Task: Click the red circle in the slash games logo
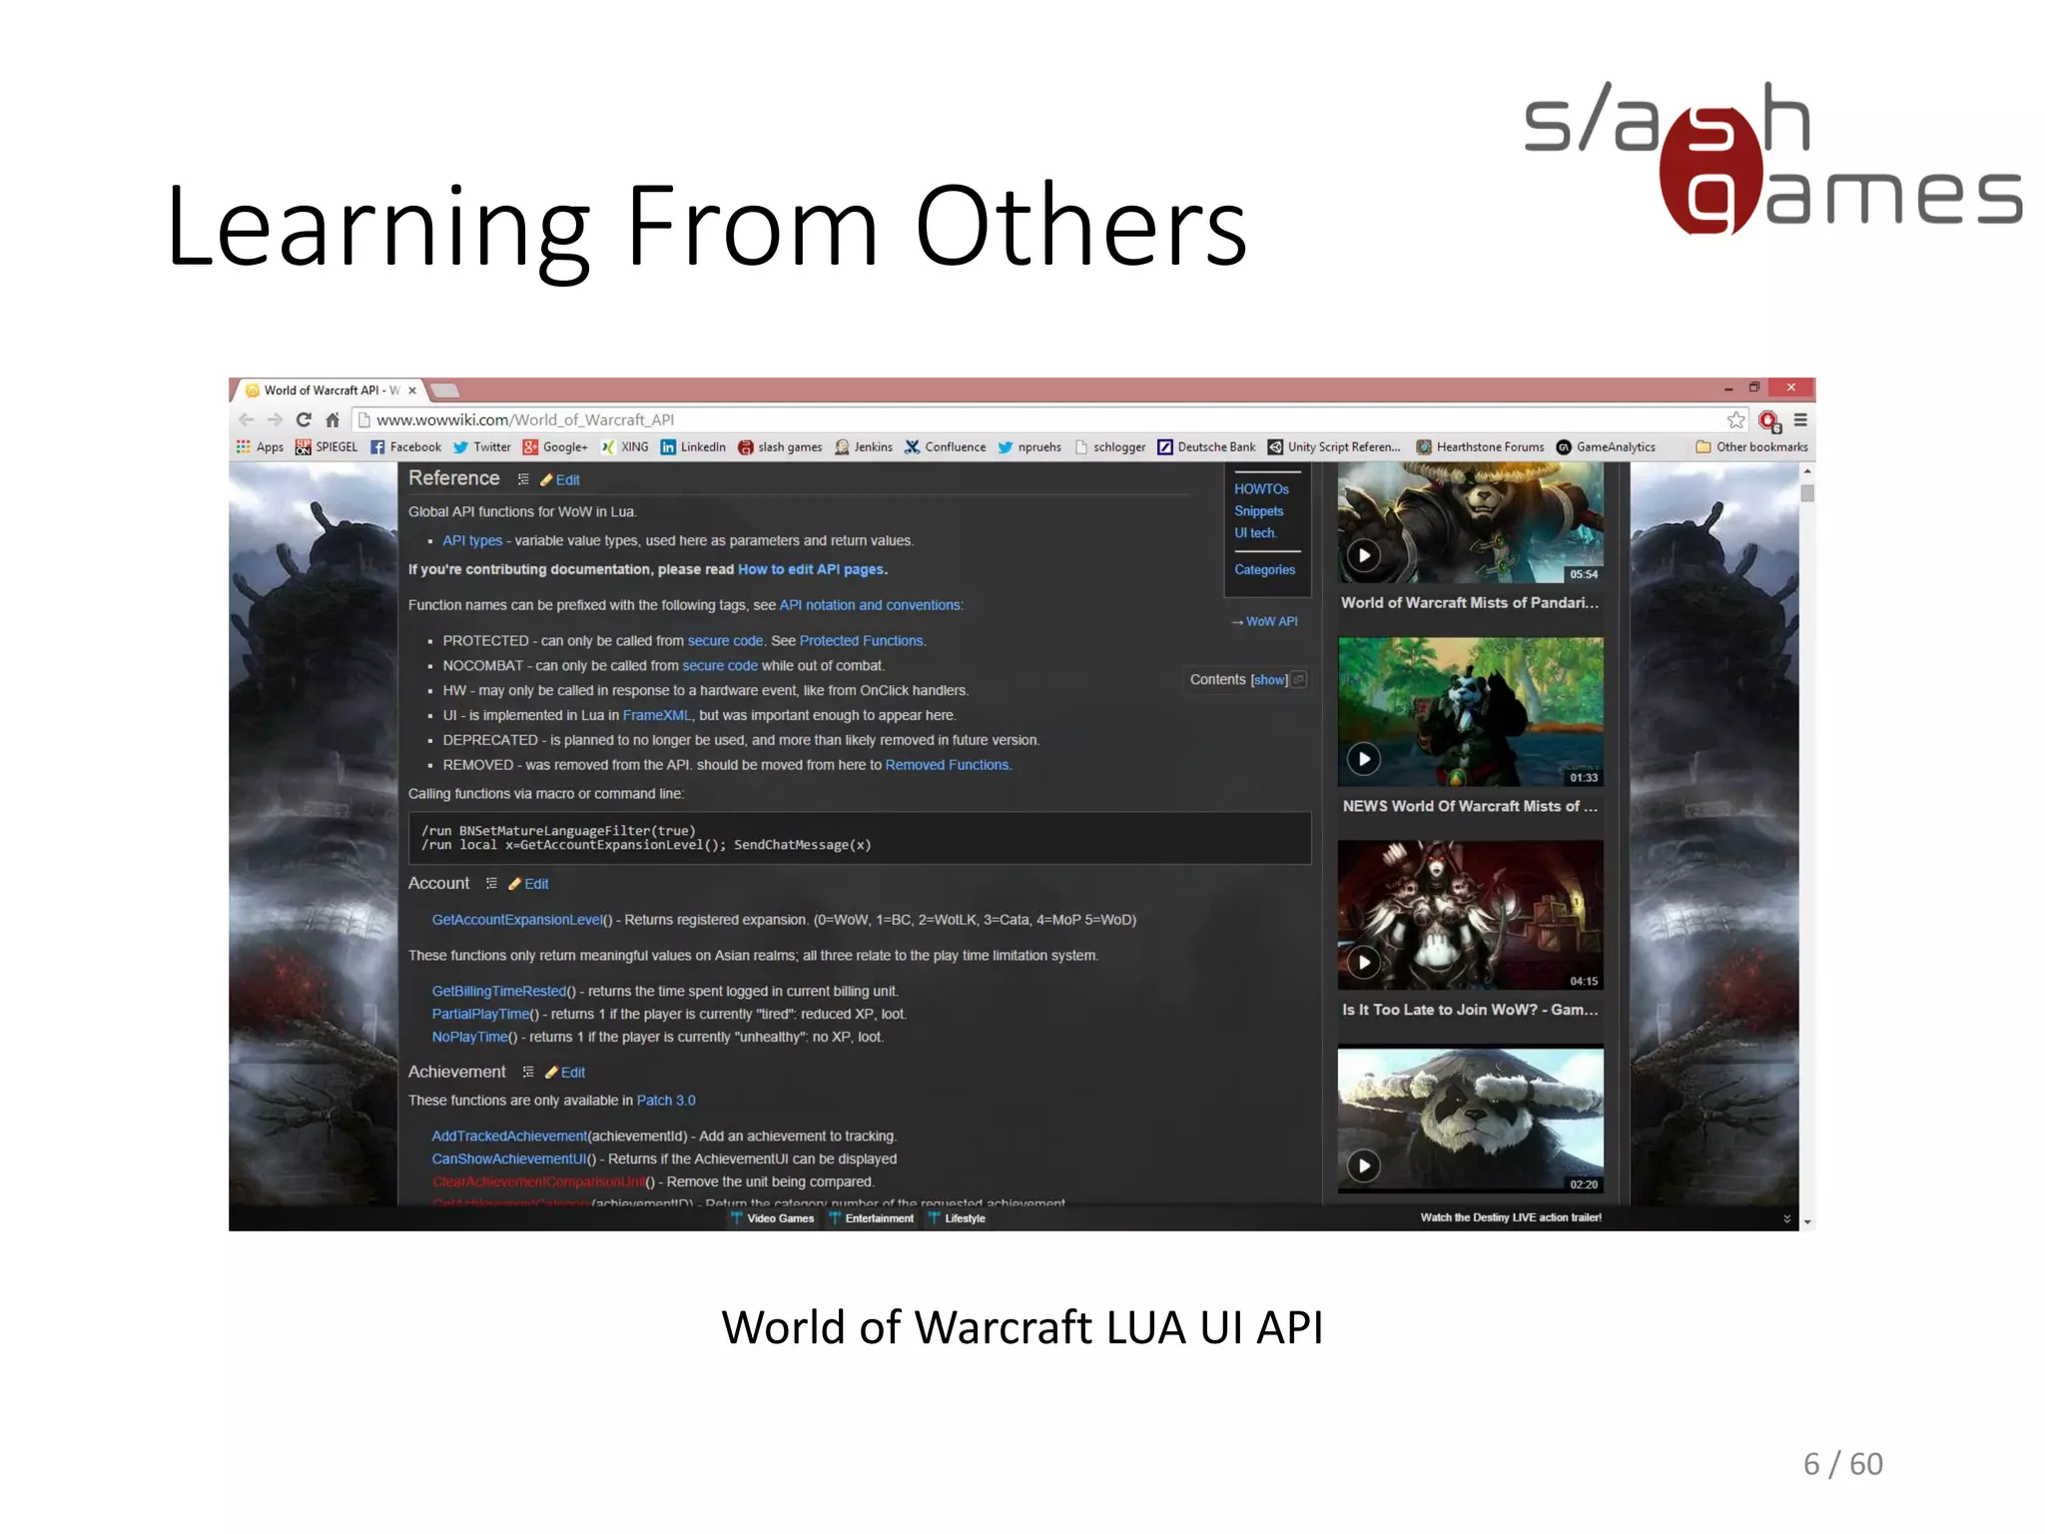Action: pyautogui.click(x=1709, y=171)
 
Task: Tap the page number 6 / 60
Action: pyautogui.click(x=1842, y=1464)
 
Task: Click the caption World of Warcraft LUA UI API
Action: pyautogui.click(x=1022, y=1328)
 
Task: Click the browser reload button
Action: pyautogui.click(x=304, y=420)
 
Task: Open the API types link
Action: pyautogui.click(x=472, y=541)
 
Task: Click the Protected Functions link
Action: pyautogui.click(x=862, y=641)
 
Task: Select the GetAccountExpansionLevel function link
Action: pyautogui.click(x=517, y=920)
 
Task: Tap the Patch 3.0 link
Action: pyautogui.click(x=666, y=1101)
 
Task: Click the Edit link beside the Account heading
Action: pyautogui.click(x=536, y=884)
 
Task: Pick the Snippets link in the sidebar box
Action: pyautogui.click(x=1258, y=511)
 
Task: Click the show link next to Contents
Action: pyautogui.click(x=1269, y=680)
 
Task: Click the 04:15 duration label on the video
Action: pyautogui.click(x=1583, y=982)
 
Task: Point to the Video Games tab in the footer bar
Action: pyautogui.click(x=780, y=1218)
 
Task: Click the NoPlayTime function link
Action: pyautogui.click(x=469, y=1038)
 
